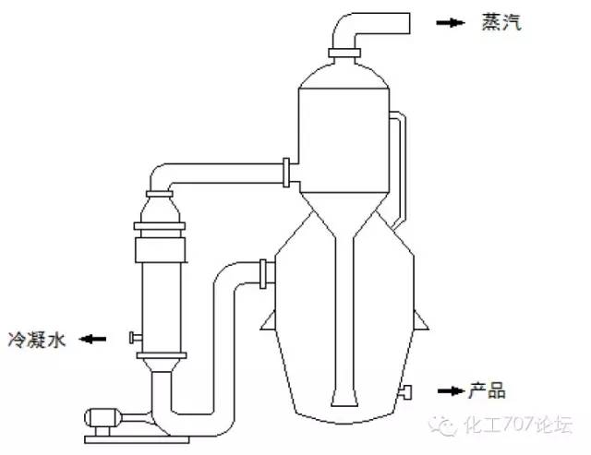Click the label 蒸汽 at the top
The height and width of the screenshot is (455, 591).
point(502,22)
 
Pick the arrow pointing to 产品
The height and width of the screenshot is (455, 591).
point(450,391)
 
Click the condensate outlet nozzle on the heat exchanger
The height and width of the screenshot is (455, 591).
point(134,336)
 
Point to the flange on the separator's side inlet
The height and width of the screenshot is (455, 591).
point(289,172)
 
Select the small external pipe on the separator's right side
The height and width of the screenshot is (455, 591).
point(400,166)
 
